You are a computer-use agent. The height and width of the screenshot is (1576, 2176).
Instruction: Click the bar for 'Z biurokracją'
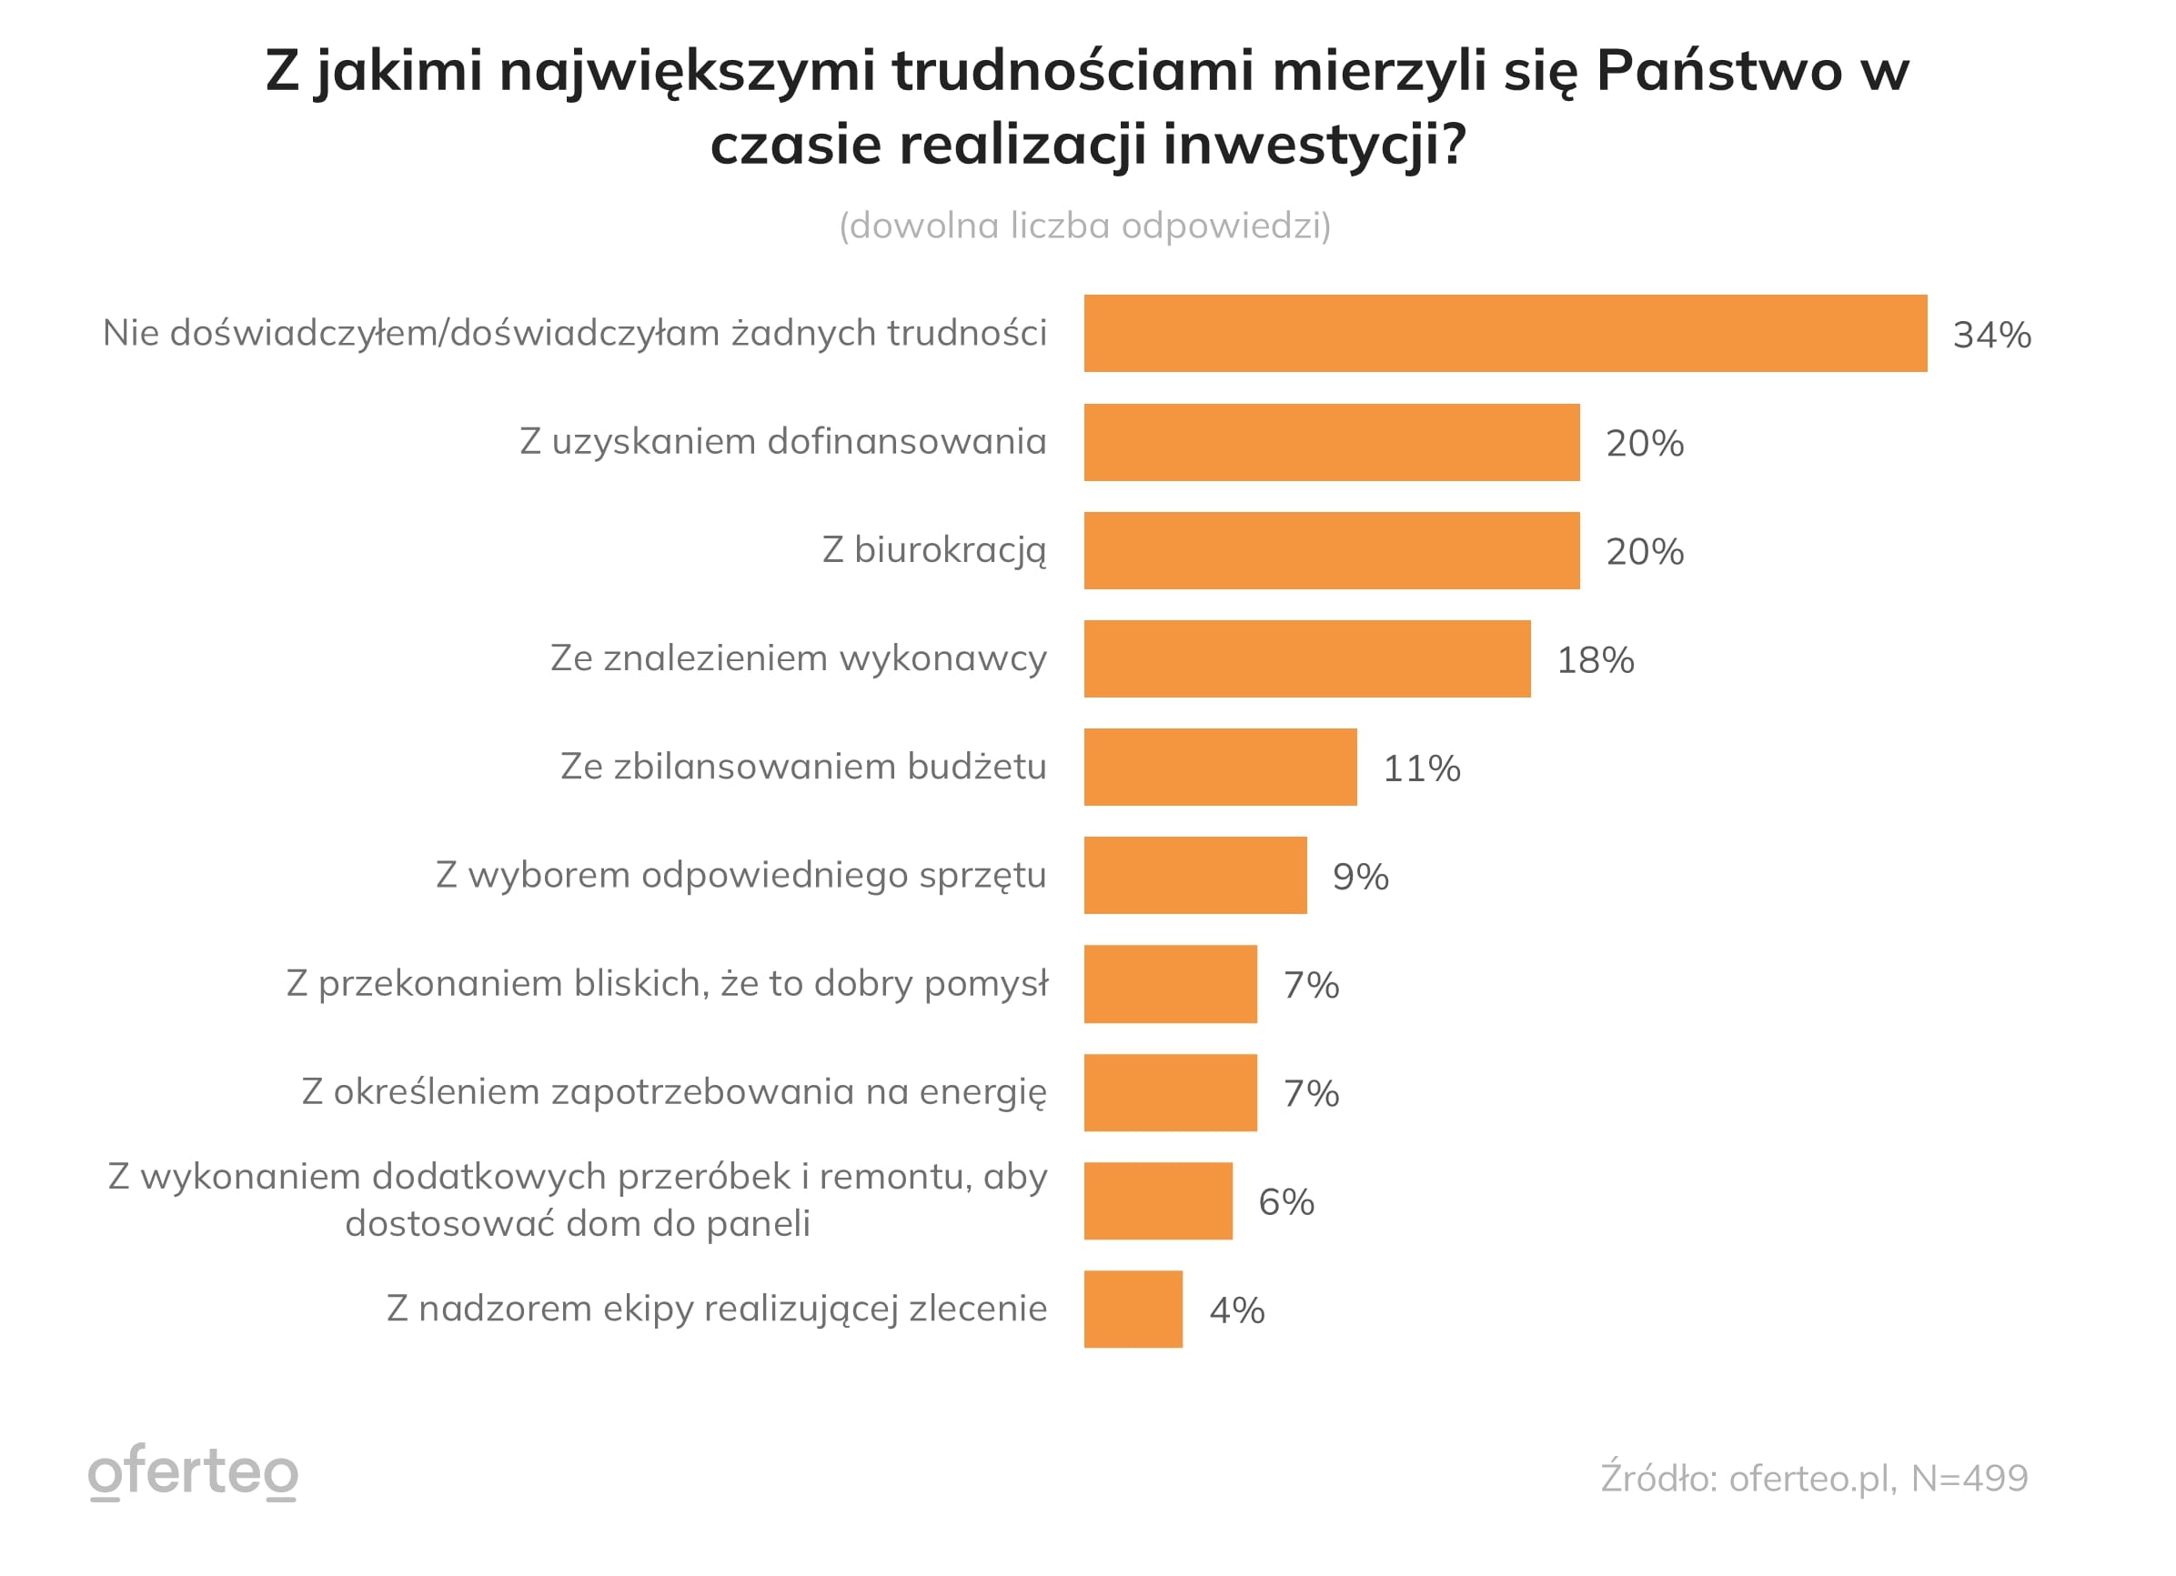pos(1331,550)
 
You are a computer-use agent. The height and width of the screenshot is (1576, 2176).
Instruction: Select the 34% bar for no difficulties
pos(1505,333)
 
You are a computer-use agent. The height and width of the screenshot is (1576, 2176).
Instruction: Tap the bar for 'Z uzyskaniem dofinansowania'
pos(1331,442)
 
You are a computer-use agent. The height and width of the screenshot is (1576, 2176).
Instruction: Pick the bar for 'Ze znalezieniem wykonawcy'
pos(1306,659)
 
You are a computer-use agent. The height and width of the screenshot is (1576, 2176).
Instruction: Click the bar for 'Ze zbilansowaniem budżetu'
pos(1219,768)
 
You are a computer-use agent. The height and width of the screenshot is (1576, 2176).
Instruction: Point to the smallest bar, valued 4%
pos(1133,1310)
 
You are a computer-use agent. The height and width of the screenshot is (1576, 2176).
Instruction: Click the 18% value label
pos(1595,660)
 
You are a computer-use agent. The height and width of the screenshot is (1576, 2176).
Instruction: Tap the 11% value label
pos(1421,768)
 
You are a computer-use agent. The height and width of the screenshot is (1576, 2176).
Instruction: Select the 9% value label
pos(1359,877)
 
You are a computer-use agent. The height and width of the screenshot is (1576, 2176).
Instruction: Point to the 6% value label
pos(1285,1202)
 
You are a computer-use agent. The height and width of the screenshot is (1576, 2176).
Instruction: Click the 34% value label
pos(1992,335)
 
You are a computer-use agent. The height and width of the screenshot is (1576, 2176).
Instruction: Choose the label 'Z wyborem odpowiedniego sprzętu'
pos(740,875)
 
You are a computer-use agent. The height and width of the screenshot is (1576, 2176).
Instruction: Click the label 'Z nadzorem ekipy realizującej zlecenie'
pos(716,1309)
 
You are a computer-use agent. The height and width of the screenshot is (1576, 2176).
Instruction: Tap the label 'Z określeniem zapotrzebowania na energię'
pos(673,1091)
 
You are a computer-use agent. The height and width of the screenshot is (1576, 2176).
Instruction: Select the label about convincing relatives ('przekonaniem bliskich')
pos(667,983)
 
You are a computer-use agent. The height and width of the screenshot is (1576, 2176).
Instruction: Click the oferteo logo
pos(193,1471)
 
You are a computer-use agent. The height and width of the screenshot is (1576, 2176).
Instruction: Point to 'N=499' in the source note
pos(1969,1478)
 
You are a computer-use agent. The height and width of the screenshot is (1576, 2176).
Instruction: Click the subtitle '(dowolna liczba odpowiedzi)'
pos(1085,226)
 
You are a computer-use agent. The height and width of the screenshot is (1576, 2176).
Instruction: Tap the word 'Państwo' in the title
pos(1719,70)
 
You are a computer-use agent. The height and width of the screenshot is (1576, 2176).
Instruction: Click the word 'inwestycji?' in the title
pos(1315,144)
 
